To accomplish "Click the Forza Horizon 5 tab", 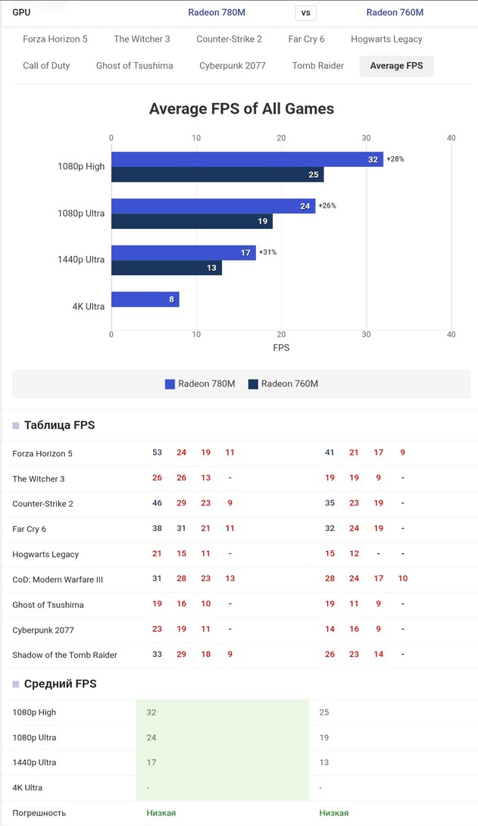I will pos(55,39).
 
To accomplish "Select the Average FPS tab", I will pos(396,66).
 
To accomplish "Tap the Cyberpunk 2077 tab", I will pos(233,66).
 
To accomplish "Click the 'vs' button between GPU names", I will pos(305,13).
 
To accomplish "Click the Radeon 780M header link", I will pos(217,13).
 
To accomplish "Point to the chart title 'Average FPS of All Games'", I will pos(242,109).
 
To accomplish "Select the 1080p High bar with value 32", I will pos(247,159).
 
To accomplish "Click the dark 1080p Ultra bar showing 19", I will pos(192,221).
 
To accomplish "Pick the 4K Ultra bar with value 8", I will pos(145,299).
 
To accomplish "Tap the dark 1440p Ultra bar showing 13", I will pos(167,268).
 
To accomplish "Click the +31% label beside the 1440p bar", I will pos(267,252).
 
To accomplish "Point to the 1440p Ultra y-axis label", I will pos(81,260).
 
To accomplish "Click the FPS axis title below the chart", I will pos(281,348).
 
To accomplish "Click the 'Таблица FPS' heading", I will pos(59,425).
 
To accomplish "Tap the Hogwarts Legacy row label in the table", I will pos(45,555).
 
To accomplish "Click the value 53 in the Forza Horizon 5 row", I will pos(157,452).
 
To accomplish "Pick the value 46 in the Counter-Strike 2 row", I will pos(157,503).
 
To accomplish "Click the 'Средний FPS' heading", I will pos(60,684).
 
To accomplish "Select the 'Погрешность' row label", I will pos(39,813).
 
